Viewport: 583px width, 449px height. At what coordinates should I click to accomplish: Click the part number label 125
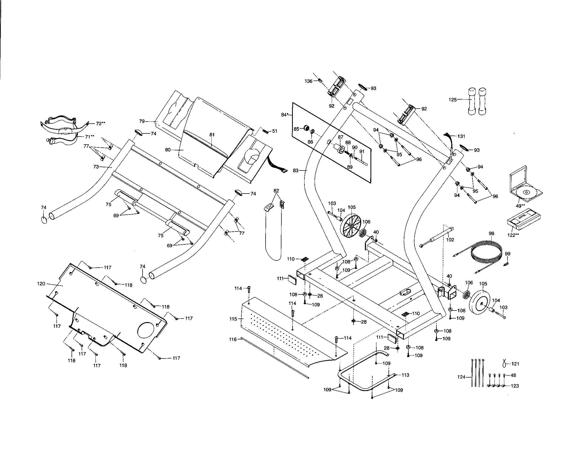pos(453,100)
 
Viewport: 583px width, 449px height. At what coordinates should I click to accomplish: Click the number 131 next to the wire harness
pos(461,136)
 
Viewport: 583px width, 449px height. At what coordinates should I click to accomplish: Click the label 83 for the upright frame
pos(295,171)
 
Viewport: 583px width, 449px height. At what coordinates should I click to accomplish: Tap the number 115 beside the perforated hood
pos(233,319)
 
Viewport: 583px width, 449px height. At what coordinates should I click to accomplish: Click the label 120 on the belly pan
pos(41,284)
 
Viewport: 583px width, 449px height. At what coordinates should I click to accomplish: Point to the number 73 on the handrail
pos(96,167)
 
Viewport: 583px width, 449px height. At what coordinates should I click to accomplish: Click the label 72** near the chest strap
pos(100,123)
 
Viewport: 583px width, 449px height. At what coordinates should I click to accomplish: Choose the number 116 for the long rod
pos(233,339)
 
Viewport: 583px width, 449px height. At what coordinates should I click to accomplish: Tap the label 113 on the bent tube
pos(405,375)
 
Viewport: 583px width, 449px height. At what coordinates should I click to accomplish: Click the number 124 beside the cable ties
pos(461,377)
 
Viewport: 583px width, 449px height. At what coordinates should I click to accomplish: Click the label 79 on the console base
pos(142,121)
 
